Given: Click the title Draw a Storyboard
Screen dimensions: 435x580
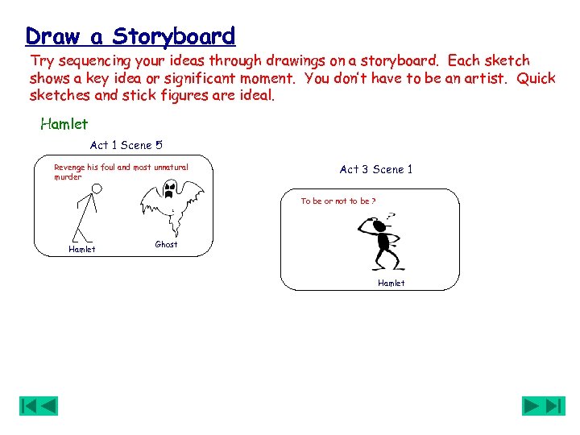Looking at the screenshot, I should point(130,36).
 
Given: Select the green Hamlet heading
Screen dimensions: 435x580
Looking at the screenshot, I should point(64,124).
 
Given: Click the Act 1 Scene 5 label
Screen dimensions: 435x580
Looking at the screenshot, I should point(126,145).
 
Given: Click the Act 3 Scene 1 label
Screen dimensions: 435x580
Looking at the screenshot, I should point(375,169).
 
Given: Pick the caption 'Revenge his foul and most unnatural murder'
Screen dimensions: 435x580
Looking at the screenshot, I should point(120,172).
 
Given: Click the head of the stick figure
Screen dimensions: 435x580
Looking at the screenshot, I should point(97,189).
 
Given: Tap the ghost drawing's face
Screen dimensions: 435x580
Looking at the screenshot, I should point(169,190).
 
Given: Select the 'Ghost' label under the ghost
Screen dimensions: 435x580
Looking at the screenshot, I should point(166,244).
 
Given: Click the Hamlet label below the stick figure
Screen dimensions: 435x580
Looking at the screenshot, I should point(81,249).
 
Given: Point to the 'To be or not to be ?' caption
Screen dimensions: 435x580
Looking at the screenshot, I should point(338,201).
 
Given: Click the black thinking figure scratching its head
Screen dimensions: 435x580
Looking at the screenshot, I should point(379,242).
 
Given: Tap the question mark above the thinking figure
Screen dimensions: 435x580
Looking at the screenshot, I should point(391,216).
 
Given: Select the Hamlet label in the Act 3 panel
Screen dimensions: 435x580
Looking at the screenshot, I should point(391,283).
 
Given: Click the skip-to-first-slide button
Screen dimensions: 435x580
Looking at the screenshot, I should point(29,406).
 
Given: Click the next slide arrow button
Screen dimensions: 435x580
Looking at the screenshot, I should point(532,406).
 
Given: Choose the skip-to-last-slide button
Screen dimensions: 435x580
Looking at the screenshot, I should point(555,406).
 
